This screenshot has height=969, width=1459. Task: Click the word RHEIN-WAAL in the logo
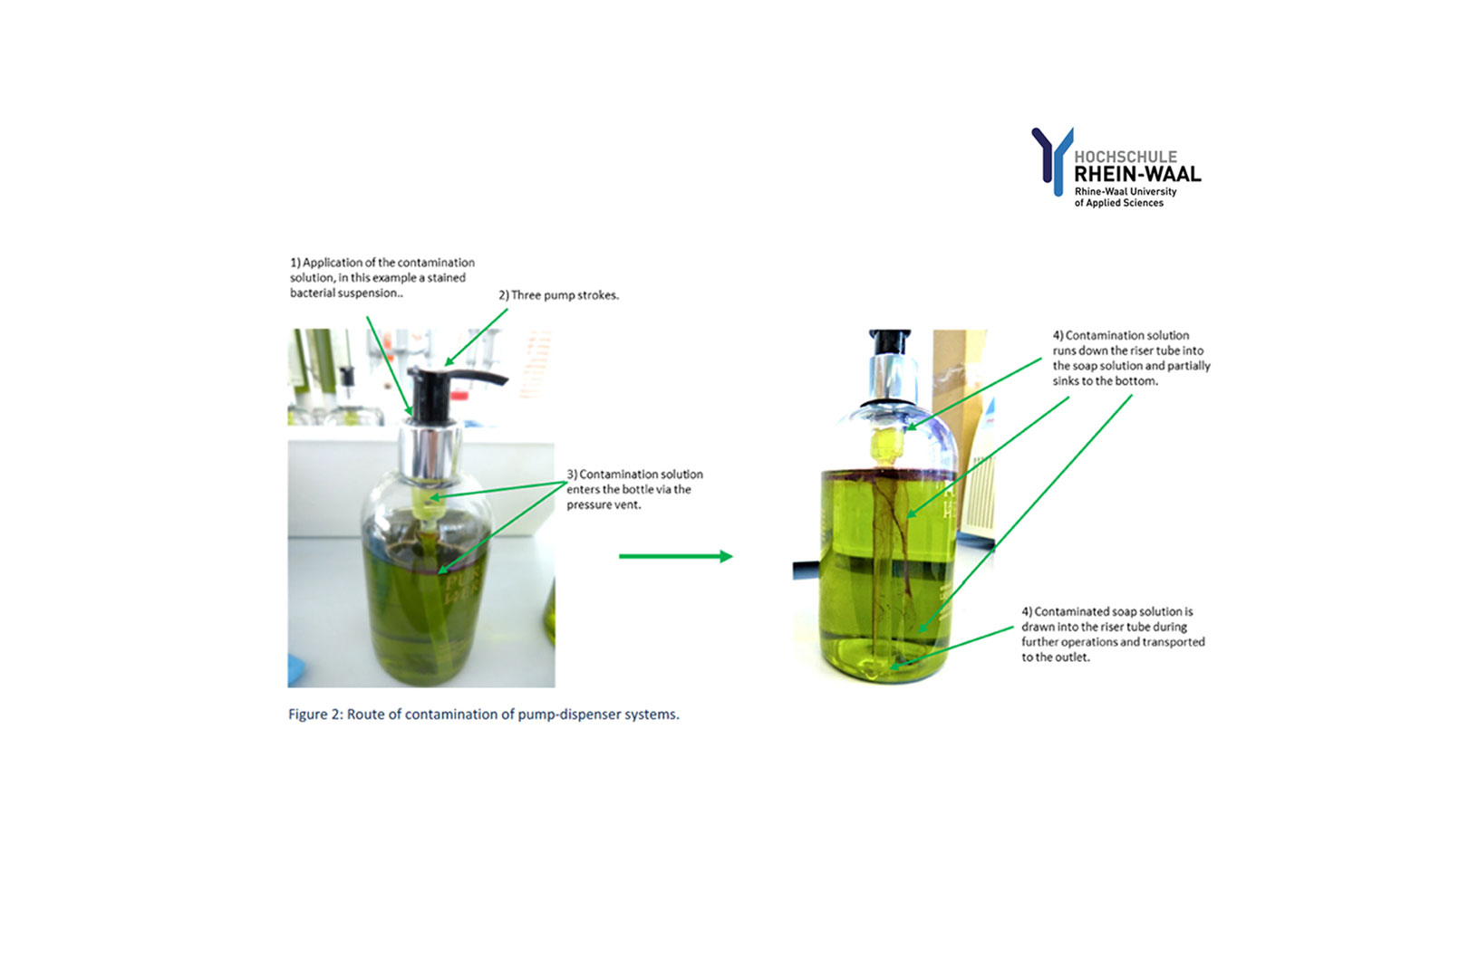1137,174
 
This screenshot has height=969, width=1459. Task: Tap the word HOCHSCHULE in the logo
1126,157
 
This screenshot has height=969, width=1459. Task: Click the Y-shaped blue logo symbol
1053,161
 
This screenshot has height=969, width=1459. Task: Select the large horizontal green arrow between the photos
675,556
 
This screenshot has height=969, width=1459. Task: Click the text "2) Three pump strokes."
558,295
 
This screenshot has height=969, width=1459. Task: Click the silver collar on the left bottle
430,452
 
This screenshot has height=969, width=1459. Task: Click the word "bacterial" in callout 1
312,293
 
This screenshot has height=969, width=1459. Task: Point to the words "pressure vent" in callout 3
604,504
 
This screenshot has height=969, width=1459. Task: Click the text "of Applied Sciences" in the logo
1118,203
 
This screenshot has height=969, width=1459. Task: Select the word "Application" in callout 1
333,263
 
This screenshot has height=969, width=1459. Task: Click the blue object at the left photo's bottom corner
296,673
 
